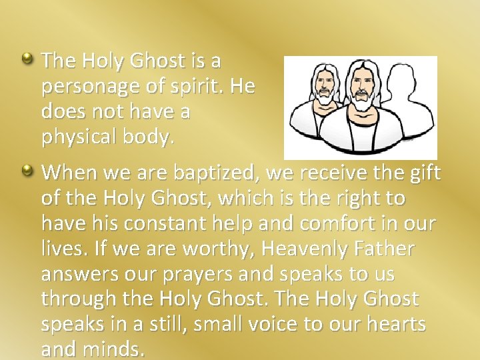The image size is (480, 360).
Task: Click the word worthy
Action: pos(215,249)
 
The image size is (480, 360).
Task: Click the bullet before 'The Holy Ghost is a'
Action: pos(29,59)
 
